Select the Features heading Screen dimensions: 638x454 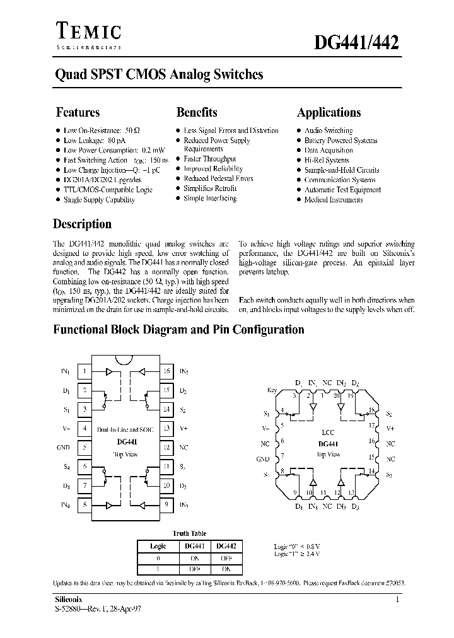(x=78, y=113)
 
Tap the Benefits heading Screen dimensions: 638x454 (x=197, y=113)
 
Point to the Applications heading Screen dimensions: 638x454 (x=329, y=113)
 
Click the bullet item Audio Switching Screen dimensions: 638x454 (x=328, y=130)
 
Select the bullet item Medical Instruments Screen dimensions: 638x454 (x=333, y=200)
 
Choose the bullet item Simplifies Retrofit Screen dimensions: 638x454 (x=210, y=188)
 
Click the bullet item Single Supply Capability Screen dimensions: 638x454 (x=99, y=200)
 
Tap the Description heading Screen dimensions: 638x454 (x=82, y=224)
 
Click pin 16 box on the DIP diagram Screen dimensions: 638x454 (x=167, y=372)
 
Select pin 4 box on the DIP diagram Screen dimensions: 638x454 (x=84, y=429)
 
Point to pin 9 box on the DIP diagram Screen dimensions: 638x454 (x=167, y=504)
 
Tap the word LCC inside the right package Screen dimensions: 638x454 (x=328, y=434)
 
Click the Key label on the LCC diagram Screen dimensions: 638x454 (x=272, y=390)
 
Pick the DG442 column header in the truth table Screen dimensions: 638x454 (x=225, y=547)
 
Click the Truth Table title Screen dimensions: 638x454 (x=190, y=533)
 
